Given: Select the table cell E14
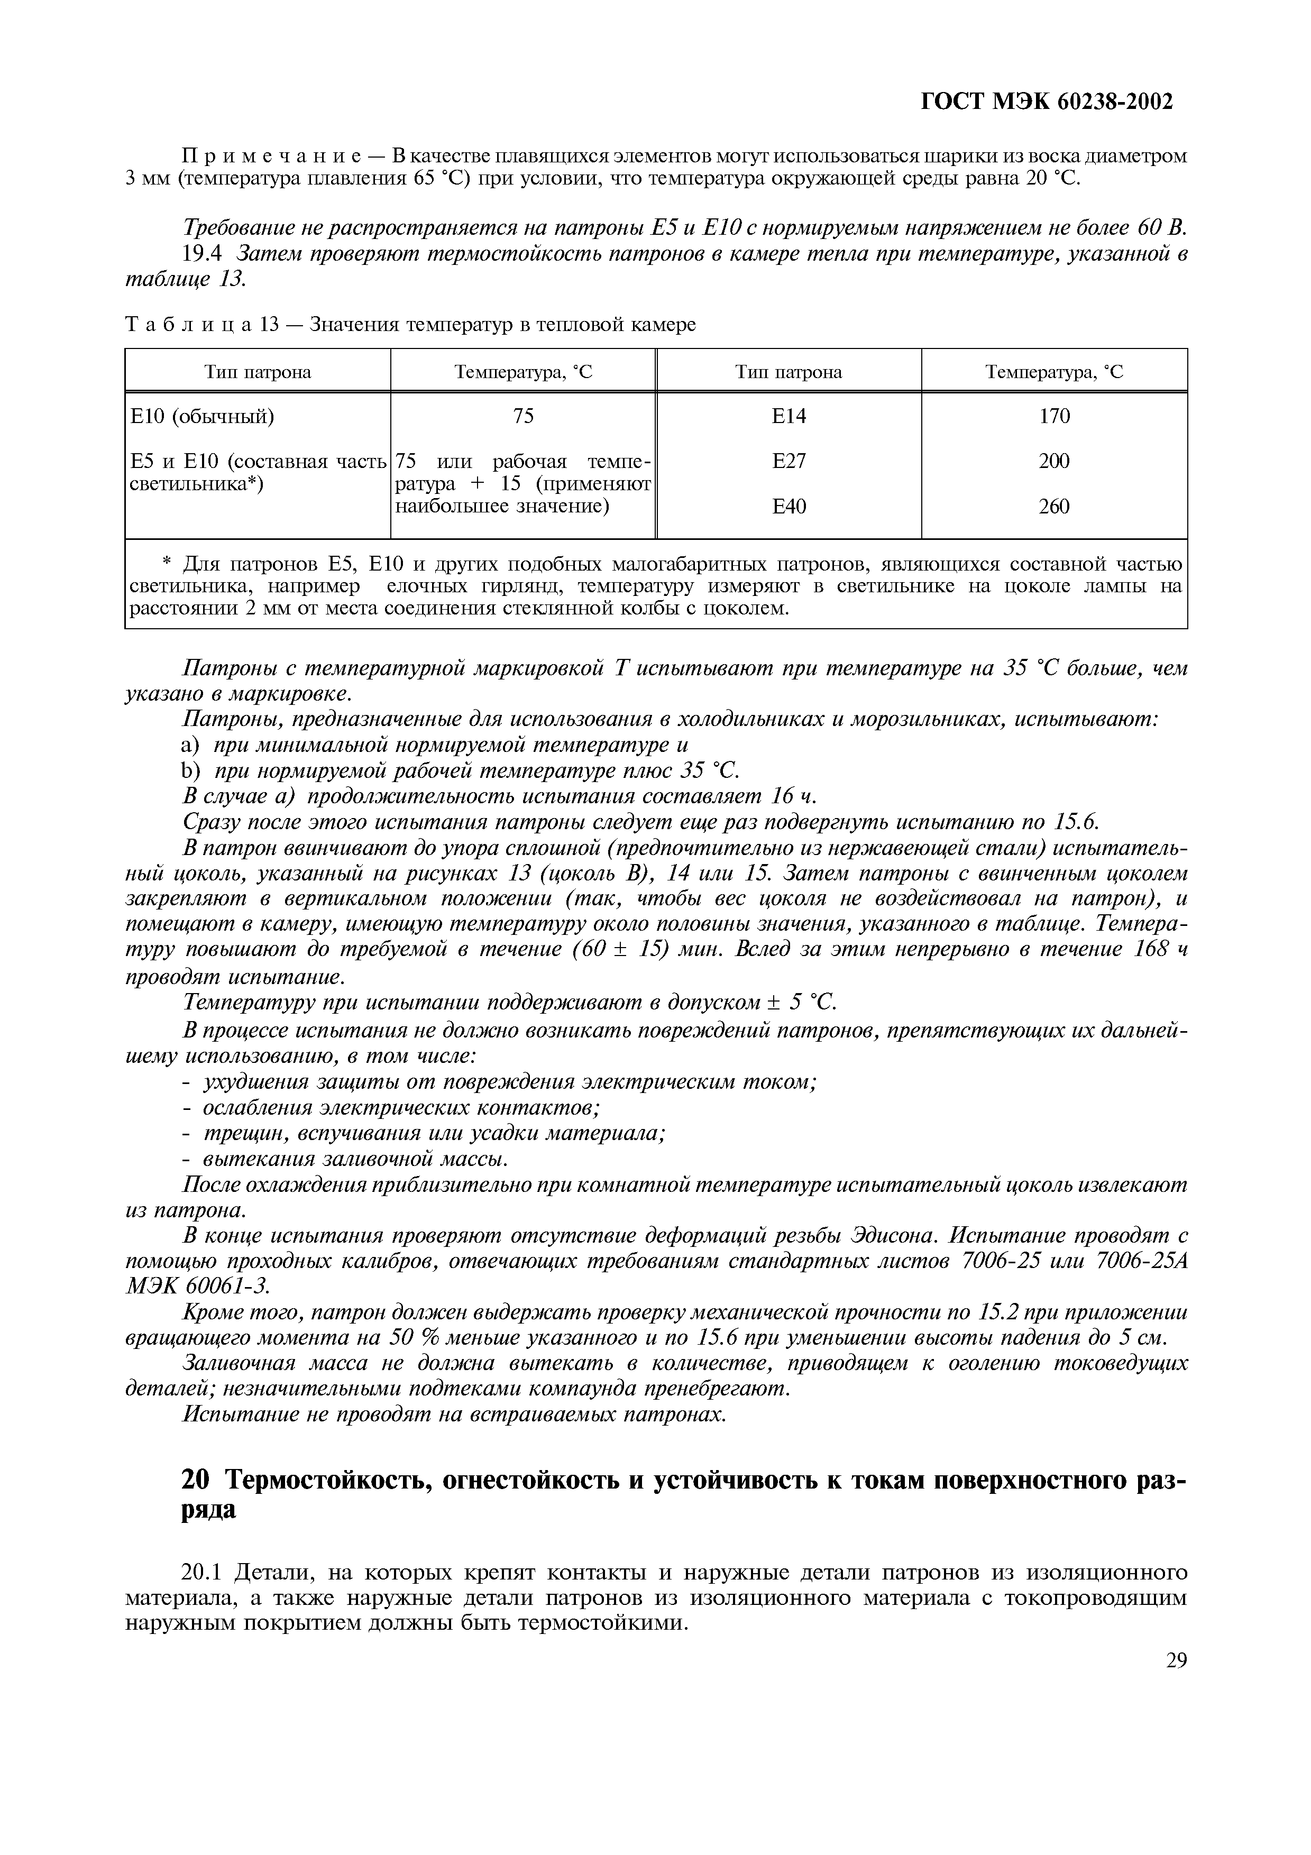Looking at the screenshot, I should (789, 416).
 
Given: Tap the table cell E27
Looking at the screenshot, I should (789, 461).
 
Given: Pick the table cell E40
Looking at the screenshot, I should (789, 507).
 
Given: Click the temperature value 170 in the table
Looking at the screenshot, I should (1054, 416).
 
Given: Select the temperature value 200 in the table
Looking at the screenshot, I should (1054, 461).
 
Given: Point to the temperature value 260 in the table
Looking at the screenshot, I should (1054, 507).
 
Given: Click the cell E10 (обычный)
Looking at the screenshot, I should (202, 416).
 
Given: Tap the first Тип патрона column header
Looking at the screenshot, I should (258, 372).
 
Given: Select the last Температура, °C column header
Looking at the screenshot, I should (1054, 372).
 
